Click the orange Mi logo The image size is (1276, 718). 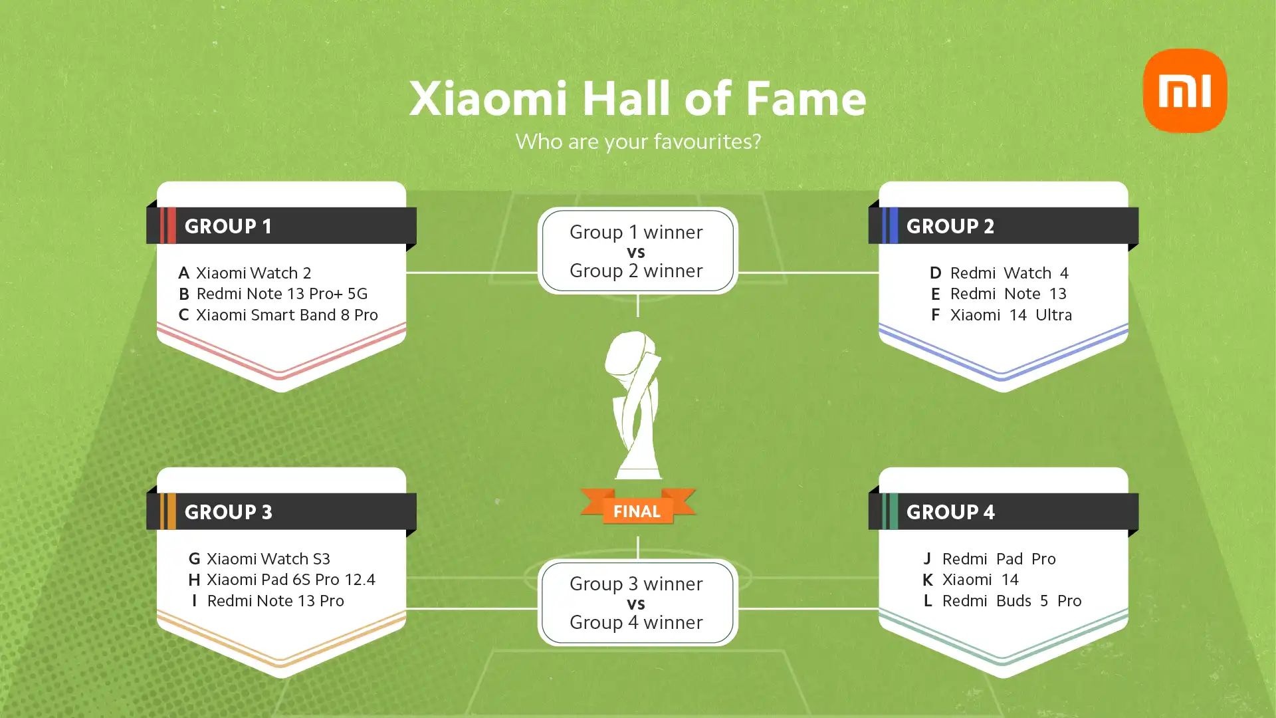coord(1185,90)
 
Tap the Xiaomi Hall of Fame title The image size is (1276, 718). coord(637,98)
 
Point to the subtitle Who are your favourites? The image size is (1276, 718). coord(638,142)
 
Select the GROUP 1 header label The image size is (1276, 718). coord(228,226)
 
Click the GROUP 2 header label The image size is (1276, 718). coord(950,226)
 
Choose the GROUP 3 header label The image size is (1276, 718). coord(228,512)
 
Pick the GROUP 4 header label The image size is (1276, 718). coord(950,512)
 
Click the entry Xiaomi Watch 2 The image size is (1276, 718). coord(253,273)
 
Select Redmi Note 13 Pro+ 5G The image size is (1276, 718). coord(282,293)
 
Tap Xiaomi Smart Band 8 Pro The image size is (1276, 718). coord(287,314)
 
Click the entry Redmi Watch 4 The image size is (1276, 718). coord(1010,273)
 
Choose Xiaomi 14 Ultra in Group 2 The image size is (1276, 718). coord(1011,314)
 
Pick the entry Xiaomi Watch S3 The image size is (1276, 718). coord(268,558)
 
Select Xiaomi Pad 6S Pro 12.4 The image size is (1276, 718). coord(291,579)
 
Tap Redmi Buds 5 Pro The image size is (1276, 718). coord(1012,600)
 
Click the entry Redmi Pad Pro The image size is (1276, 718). coord(999,558)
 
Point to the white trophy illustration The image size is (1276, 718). coord(637,406)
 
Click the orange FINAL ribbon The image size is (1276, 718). coord(637,508)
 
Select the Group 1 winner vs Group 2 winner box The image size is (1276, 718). coord(637,251)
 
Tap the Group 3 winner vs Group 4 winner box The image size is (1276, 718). coord(637,602)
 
